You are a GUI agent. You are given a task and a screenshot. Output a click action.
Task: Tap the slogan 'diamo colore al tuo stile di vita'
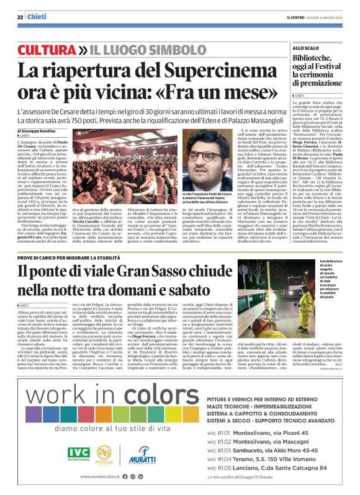(x=106, y=427)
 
